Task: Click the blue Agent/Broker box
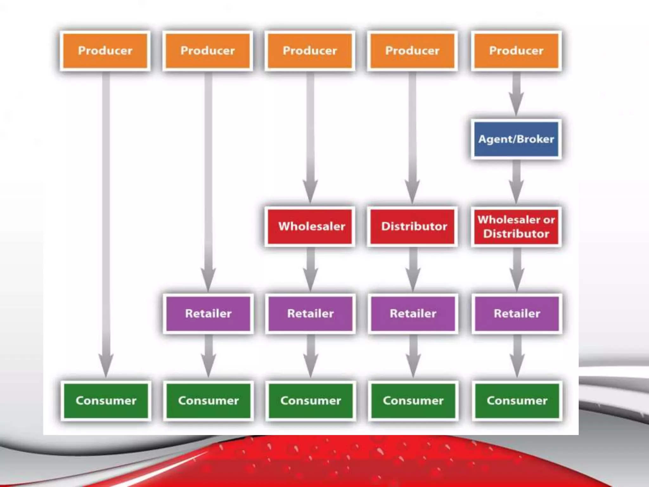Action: tap(516, 139)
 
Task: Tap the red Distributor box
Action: tap(413, 226)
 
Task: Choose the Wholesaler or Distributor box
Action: tap(516, 226)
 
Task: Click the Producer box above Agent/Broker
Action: tap(516, 51)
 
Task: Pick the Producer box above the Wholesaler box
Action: tap(310, 51)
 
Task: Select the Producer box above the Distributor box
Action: tap(412, 51)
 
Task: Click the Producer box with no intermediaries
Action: tap(105, 51)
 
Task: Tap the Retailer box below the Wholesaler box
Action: tap(310, 314)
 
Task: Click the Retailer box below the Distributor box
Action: tap(413, 314)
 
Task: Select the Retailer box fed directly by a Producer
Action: tap(208, 314)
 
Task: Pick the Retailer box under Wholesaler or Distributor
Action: tap(517, 314)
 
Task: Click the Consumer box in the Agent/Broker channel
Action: tap(517, 401)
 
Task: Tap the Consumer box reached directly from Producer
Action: tap(106, 401)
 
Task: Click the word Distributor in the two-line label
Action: tap(516, 234)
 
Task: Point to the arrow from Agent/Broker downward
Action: tap(516, 181)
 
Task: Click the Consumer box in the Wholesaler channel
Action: tap(311, 401)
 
